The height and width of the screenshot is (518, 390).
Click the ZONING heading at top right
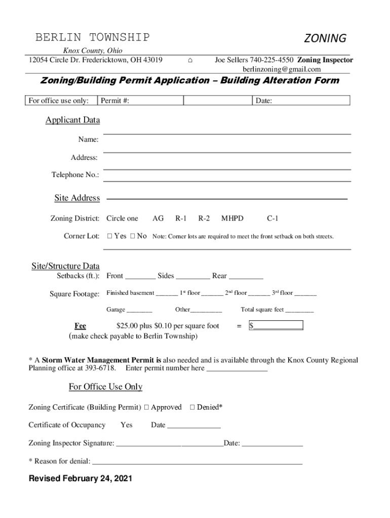pyautogui.click(x=325, y=38)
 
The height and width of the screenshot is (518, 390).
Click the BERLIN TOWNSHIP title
pyautogui.click(x=92, y=37)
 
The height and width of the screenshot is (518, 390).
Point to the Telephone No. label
pyautogui.click(x=75, y=175)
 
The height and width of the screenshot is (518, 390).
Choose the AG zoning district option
pyautogui.click(x=158, y=219)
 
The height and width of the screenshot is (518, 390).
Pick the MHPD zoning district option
pyautogui.click(x=232, y=219)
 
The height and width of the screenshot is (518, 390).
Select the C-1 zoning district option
pyautogui.click(x=272, y=219)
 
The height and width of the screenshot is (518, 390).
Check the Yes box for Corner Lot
pyautogui.click(x=110, y=236)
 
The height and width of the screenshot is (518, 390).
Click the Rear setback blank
pyautogui.click(x=246, y=277)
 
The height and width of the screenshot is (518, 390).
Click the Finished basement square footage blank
pyautogui.click(x=167, y=294)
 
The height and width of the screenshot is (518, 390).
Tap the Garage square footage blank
pyautogui.click(x=139, y=310)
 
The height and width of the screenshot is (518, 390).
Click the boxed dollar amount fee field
pyautogui.click(x=276, y=326)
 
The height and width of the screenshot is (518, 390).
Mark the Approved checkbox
pyautogui.click(x=146, y=407)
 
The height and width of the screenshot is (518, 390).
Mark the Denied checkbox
pyautogui.click(x=192, y=407)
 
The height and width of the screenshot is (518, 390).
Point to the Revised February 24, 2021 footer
pyautogui.click(x=80, y=479)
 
